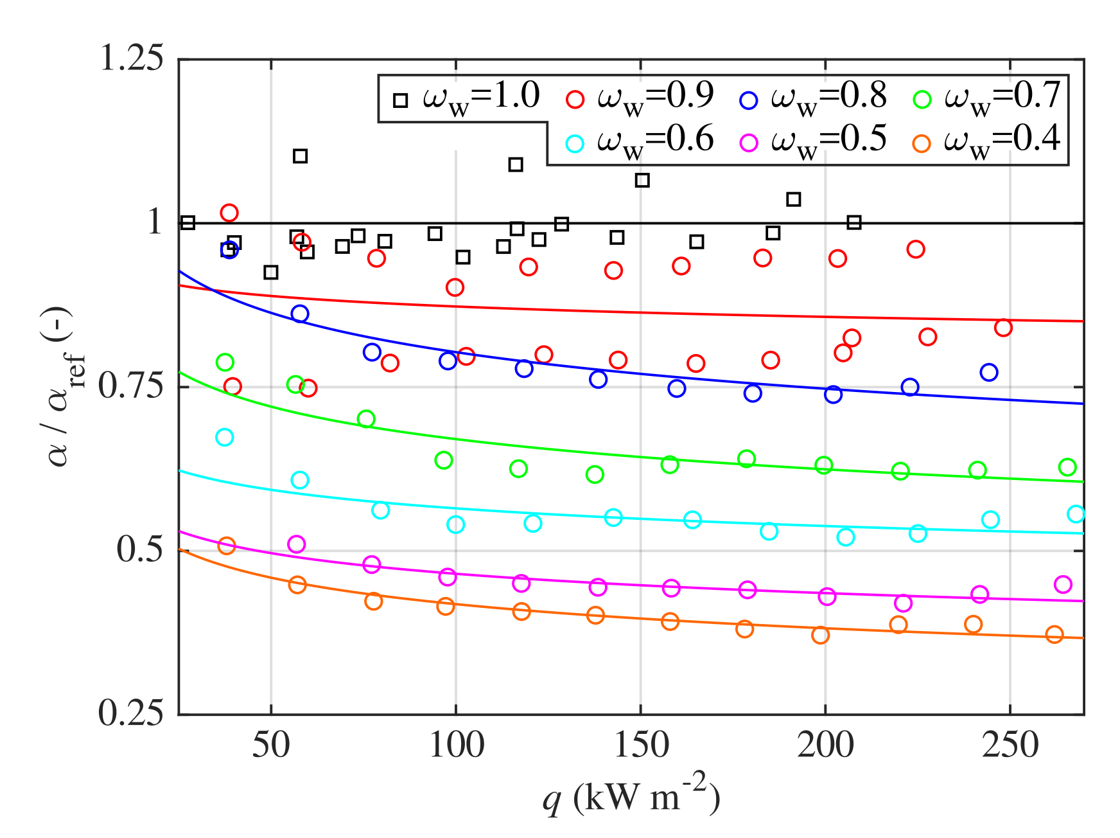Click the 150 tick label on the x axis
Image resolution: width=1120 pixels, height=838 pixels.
tap(640, 745)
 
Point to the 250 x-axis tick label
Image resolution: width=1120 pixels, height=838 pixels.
tap(1010, 745)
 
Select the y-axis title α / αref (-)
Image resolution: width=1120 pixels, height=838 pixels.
tap(64, 386)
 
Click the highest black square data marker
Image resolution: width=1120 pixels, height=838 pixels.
tap(300, 156)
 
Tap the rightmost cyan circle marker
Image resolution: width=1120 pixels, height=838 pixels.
tap(1076, 513)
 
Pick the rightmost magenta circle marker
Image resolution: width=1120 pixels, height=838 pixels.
tap(1063, 584)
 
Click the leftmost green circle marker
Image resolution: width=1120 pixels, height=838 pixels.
tap(225, 362)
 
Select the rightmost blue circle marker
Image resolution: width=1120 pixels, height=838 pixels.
tap(989, 372)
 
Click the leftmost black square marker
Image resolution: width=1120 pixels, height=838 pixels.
tap(188, 223)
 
